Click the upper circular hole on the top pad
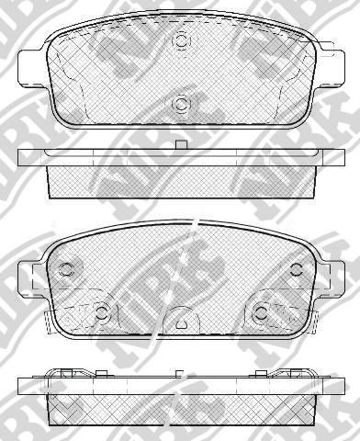point(181,40)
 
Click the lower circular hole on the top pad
point(181,103)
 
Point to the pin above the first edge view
point(181,145)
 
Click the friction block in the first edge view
point(181,182)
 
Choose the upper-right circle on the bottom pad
point(296,269)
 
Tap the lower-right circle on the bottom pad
point(262,313)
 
